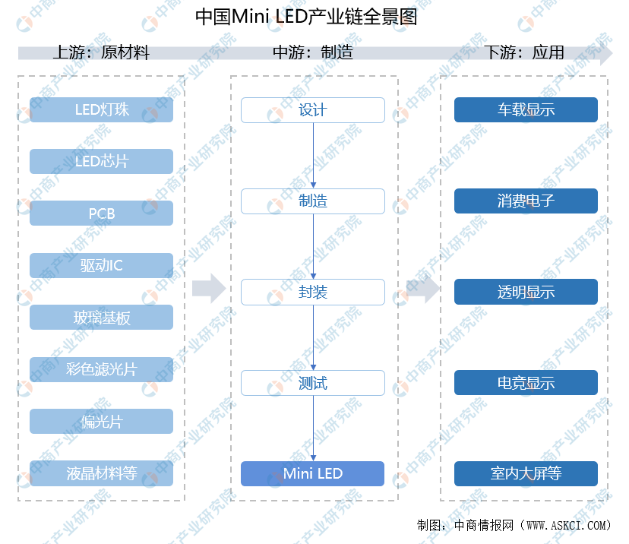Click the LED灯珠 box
coord(101,109)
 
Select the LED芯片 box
coord(101,161)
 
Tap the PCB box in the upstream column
coord(101,213)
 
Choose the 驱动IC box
coord(101,265)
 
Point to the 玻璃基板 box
coord(101,318)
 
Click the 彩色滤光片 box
coord(101,369)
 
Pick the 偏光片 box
coord(101,421)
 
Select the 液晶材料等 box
coord(101,473)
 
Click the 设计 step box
coord(313,110)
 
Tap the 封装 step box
coord(313,292)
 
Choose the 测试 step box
coord(313,383)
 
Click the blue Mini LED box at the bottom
coord(313,473)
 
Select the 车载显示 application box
coord(526,109)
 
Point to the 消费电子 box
coord(526,201)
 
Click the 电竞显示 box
coord(526,383)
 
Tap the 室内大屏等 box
coord(526,473)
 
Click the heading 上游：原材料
coord(101,52)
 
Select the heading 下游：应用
coord(525,52)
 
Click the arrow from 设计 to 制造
coord(313,156)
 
